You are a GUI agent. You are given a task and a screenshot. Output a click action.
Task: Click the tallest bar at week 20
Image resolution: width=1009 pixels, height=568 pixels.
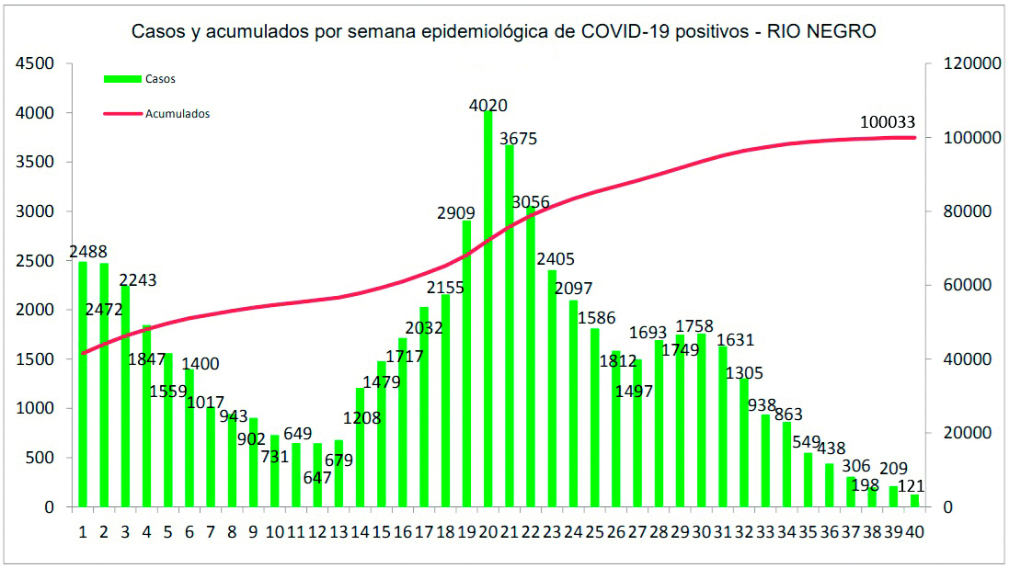488,312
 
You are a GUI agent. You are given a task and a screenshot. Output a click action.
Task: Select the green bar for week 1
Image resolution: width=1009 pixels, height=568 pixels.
83,386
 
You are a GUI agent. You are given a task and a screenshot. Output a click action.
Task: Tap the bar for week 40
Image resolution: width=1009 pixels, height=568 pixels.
915,501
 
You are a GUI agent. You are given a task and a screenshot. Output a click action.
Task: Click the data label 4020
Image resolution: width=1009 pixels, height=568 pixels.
488,106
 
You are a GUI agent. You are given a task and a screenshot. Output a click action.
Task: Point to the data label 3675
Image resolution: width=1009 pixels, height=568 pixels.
519,139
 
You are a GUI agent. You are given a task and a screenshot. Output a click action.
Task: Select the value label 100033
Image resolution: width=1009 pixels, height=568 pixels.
888,122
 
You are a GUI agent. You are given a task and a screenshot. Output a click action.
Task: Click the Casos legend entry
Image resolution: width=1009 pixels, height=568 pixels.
159,79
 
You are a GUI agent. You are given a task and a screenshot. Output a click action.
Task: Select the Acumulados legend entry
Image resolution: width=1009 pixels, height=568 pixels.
177,114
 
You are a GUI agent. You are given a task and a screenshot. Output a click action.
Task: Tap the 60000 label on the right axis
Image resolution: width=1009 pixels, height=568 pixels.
961,286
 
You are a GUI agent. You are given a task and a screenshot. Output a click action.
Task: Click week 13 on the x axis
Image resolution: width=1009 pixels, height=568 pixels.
338,531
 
